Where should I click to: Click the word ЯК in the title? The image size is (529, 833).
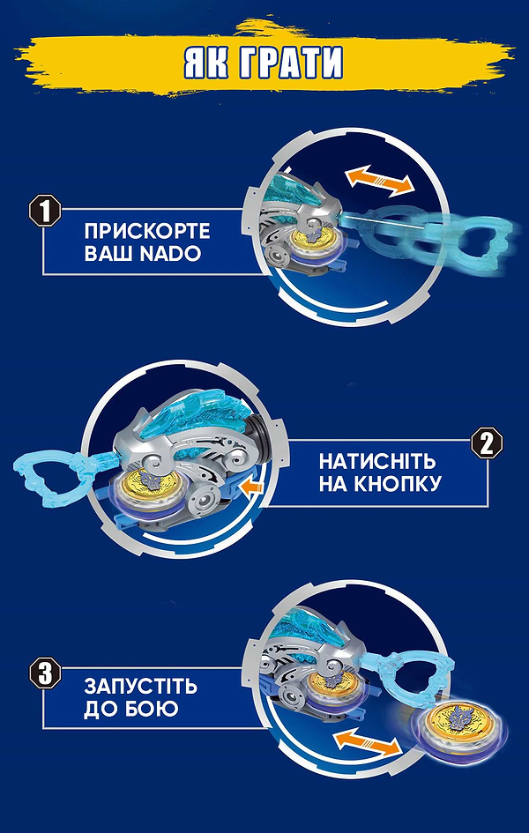208,63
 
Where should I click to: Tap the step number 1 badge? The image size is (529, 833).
45,212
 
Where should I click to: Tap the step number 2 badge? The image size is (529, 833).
486,442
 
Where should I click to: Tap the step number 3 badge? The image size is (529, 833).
45,673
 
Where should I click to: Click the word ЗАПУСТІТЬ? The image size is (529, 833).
141,687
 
